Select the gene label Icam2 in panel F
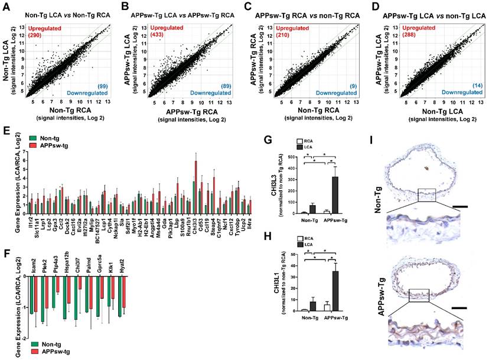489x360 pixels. tap(34, 266)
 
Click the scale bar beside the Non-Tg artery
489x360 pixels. tap(458, 207)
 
